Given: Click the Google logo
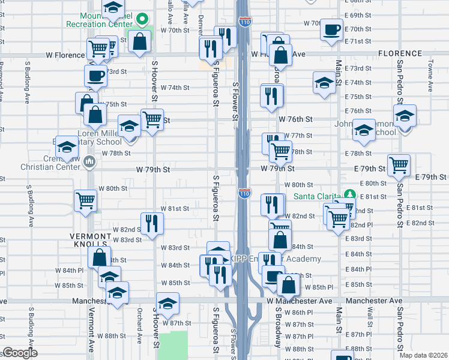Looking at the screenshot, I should point(19,353).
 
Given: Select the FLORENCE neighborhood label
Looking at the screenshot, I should point(400,54).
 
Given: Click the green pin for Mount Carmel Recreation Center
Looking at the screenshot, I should point(142,19).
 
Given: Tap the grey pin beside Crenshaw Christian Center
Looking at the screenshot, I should point(89,161).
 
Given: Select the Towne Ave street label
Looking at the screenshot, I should point(430,79).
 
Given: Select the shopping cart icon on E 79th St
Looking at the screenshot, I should point(399,164).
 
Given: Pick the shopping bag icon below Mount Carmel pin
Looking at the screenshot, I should point(140,42).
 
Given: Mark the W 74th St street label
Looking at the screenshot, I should point(175,88).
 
